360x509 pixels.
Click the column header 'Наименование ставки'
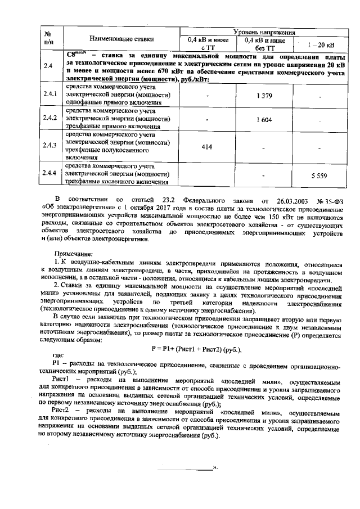click(121, 39)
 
